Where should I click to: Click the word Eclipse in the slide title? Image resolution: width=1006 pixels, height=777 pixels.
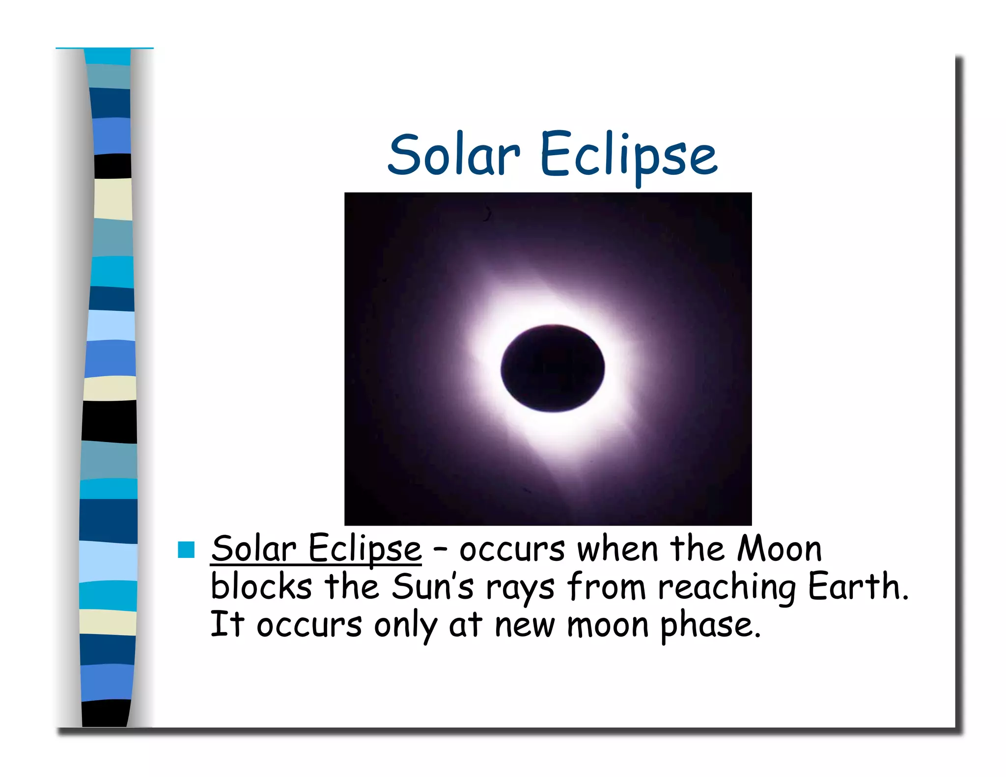[x=628, y=156]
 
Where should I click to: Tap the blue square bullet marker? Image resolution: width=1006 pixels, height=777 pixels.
[x=186, y=550]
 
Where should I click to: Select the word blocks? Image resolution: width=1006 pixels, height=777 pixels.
[x=261, y=586]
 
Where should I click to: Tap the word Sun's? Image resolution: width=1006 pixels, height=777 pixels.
[x=433, y=586]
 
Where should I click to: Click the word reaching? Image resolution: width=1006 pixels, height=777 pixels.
[x=727, y=587]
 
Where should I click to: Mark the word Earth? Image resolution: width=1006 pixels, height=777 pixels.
[x=857, y=586]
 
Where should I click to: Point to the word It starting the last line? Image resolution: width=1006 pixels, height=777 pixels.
[x=227, y=624]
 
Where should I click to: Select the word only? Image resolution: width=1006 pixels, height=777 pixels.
[x=405, y=626]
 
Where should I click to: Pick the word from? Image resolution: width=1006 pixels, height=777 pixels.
[x=606, y=586]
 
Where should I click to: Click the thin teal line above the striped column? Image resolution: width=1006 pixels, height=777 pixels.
[x=104, y=48]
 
